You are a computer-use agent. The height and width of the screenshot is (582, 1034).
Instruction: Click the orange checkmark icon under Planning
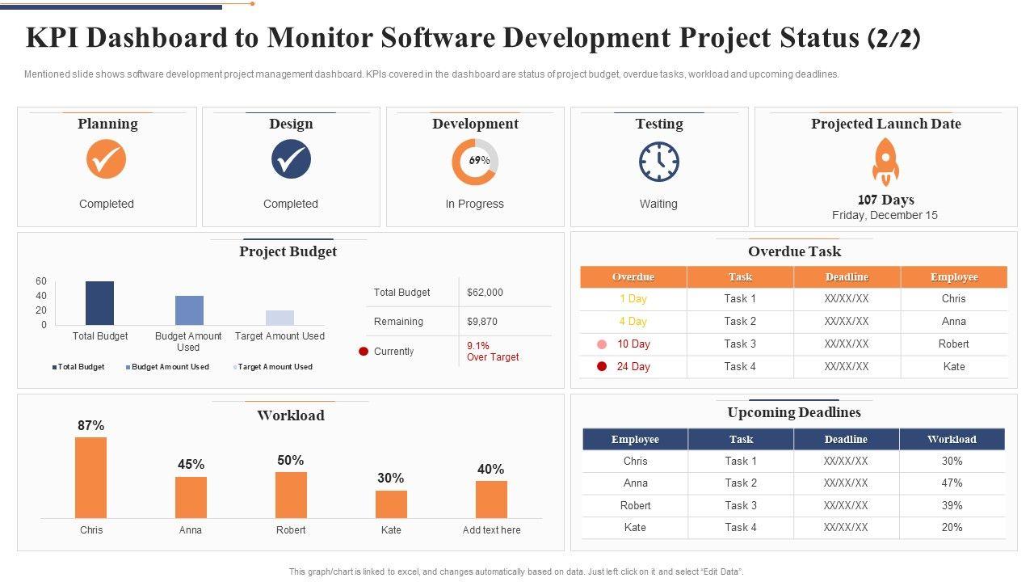(107, 159)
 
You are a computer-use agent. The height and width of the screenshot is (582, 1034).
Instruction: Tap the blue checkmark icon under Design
(291, 159)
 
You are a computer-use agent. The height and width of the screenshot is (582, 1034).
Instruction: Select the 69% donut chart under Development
(475, 162)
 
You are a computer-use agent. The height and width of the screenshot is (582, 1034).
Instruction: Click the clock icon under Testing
(659, 162)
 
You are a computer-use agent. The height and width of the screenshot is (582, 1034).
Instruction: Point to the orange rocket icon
(885, 161)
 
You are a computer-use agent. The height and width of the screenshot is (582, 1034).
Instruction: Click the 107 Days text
(885, 200)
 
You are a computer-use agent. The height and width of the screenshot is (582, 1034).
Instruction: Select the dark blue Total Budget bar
(100, 303)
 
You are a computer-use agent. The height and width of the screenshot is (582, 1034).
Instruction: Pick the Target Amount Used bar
(280, 318)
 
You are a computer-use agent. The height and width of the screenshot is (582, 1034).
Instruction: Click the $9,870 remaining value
(482, 322)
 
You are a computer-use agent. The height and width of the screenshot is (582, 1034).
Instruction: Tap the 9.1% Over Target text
(493, 352)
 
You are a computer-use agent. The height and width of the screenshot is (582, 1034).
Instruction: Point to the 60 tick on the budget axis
(41, 281)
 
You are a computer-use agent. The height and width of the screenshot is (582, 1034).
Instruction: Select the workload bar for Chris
(91, 477)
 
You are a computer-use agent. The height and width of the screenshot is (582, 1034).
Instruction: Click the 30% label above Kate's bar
(391, 479)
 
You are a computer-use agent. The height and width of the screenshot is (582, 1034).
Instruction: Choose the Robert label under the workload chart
(291, 530)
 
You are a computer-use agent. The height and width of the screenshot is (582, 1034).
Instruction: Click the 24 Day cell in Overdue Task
(633, 367)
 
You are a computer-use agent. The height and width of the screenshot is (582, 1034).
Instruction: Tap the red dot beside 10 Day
(602, 344)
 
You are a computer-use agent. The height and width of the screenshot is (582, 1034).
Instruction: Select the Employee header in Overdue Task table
(954, 277)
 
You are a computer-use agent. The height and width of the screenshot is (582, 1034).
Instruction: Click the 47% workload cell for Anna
(952, 483)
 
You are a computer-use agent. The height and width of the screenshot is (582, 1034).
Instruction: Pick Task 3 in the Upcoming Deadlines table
(741, 506)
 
